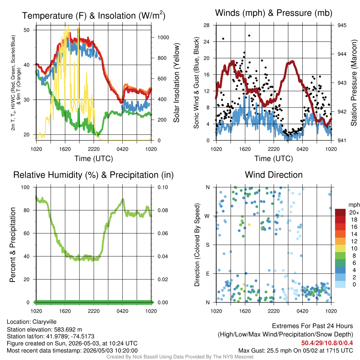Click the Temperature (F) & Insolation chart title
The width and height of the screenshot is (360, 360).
[94, 15]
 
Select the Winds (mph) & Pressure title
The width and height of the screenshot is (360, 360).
[274, 13]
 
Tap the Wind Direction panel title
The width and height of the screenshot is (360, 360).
[274, 175]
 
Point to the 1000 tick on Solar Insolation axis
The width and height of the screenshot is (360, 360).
[163, 37]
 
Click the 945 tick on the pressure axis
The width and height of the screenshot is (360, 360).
[342, 25]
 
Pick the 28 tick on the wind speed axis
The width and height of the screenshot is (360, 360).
[206, 25]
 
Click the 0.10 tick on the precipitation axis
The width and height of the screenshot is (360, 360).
[163, 187]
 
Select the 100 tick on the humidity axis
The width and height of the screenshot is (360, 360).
[25, 187]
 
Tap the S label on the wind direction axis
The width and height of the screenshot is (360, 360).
[207, 245]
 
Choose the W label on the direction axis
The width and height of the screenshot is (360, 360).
[207, 216]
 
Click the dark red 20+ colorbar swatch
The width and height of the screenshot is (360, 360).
[340, 212]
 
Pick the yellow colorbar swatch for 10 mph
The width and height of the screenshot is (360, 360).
[340, 249]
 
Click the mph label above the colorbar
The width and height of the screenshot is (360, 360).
[354, 205]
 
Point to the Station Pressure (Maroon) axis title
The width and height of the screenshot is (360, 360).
[354, 83]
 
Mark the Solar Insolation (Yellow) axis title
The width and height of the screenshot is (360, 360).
[176, 83]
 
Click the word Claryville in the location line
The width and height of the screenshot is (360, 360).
[44, 322]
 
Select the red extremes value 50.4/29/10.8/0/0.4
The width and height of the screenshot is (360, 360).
[327, 343]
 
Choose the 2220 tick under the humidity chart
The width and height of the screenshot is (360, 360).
[94, 311]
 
